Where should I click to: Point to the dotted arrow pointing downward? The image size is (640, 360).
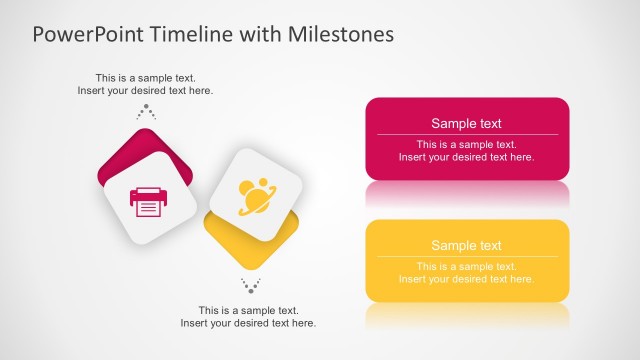tap(251, 285)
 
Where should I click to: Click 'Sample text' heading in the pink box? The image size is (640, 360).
tap(466, 124)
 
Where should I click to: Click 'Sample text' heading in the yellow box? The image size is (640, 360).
tap(466, 246)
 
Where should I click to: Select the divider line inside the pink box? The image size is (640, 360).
tap(466, 135)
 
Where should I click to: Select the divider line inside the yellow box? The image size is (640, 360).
tap(466, 256)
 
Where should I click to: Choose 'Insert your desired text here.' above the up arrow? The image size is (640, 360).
tap(145, 91)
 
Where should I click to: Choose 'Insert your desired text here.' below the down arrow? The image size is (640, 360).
tap(248, 323)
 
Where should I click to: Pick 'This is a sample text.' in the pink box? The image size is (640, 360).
tap(466, 144)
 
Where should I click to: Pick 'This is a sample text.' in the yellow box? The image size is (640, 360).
tap(466, 266)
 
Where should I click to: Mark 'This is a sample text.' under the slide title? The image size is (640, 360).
tap(145, 78)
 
